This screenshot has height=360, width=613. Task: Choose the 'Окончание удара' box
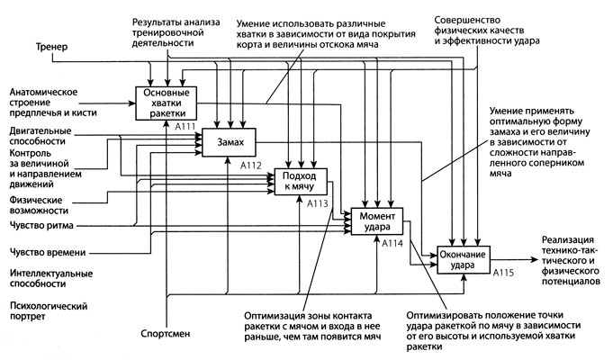coord(463,259)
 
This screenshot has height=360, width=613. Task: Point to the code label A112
coord(254,166)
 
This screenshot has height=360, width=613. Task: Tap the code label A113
coord(320,203)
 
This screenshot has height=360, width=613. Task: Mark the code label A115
coord(504,271)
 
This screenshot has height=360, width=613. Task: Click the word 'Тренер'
coord(50,46)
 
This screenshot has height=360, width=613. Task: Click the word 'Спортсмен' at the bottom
coord(165,330)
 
